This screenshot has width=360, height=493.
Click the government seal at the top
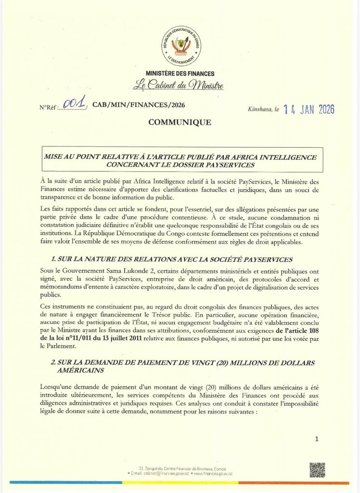click(180, 46)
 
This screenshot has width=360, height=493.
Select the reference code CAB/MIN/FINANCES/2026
click(138, 104)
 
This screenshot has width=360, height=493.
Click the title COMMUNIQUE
click(180, 122)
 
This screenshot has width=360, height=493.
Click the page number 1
click(316, 439)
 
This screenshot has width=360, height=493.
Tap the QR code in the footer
click(317, 469)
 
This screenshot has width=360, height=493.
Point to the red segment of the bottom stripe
click(298, 482)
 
